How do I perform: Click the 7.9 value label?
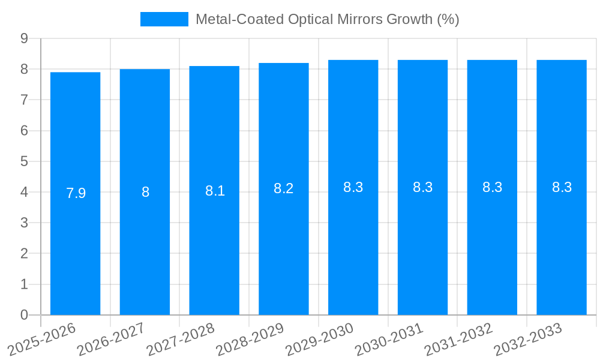click(x=76, y=193)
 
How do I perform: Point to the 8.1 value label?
click(x=215, y=191)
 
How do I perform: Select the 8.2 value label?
click(x=283, y=188)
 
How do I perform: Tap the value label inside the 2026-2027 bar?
click(x=145, y=192)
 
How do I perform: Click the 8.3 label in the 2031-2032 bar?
click(x=492, y=187)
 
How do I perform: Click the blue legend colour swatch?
click(x=164, y=19)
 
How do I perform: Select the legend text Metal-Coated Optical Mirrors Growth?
click(x=327, y=19)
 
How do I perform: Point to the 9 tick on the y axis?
click(x=24, y=38)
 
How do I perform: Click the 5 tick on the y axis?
click(x=24, y=161)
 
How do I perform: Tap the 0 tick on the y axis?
click(x=24, y=315)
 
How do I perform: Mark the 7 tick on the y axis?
click(x=24, y=100)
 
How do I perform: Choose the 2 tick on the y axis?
click(x=24, y=254)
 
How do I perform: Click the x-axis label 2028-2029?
click(x=251, y=340)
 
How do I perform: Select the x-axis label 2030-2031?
click(x=390, y=340)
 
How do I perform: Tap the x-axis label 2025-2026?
click(x=43, y=340)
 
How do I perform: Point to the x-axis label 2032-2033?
click(x=529, y=340)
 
